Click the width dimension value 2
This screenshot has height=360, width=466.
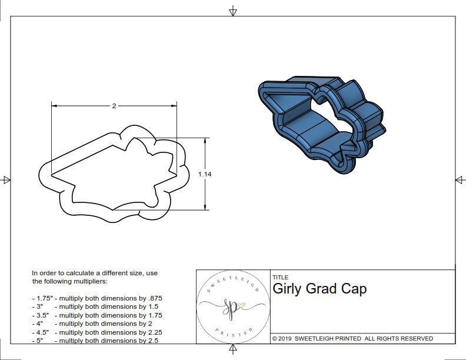coord(114,106)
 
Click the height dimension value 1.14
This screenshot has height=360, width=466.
coord(205,174)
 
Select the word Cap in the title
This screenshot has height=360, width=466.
coord(354,289)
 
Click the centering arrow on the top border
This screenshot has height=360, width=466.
coord(233,10)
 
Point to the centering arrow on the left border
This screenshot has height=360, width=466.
coord(6,180)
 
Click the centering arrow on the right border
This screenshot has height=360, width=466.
coord(460,180)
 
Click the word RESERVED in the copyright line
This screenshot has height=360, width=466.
coord(414,338)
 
